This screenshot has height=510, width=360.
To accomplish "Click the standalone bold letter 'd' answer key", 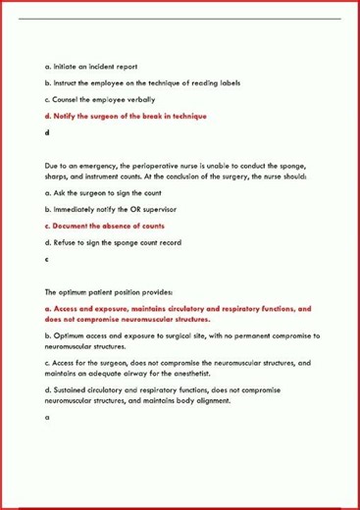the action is pyautogui.click(x=47, y=133).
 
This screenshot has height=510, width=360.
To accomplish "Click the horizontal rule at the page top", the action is pyautogui.click(x=180, y=18).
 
